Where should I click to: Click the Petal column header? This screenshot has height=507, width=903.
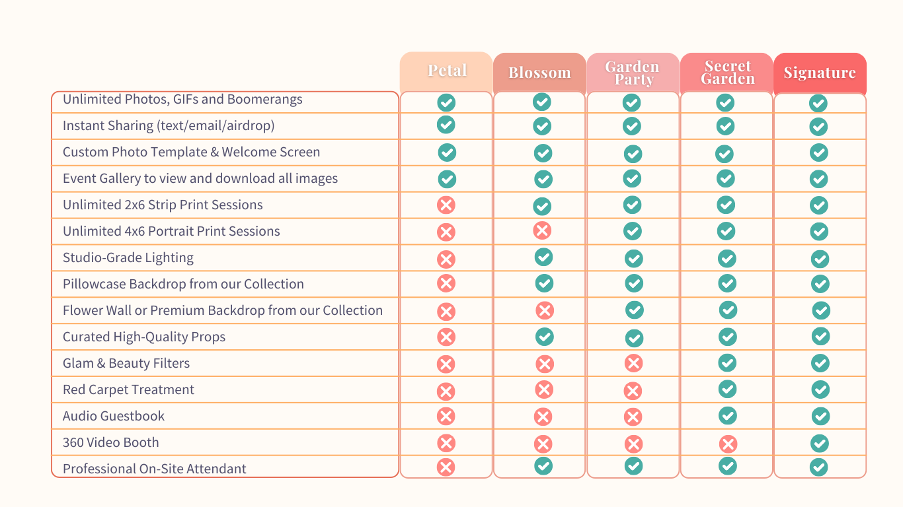coord(447,71)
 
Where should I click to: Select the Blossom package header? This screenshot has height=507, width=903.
coord(539,73)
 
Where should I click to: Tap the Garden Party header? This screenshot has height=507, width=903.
coord(633,73)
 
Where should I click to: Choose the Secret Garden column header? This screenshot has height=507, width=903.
coord(727,73)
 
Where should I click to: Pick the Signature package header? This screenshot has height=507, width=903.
coord(820,73)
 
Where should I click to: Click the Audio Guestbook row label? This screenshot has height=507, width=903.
coord(114,416)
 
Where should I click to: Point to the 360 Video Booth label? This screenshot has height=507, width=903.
coord(111,442)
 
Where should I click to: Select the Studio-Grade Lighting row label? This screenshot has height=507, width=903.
coord(128,257)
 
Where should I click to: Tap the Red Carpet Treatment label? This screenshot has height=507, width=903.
coord(128,389)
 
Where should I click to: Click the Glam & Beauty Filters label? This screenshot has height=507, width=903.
coord(126,363)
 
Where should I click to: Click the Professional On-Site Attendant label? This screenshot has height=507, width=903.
coord(155,469)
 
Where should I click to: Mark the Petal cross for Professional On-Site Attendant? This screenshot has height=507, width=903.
coord(446,467)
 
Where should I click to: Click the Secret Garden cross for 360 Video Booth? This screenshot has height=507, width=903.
coord(728,444)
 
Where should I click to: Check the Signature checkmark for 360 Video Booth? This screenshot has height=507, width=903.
coord(820,442)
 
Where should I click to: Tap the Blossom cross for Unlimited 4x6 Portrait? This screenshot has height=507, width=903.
coord(542,230)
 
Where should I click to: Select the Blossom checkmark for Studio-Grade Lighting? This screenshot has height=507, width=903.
coord(543,257)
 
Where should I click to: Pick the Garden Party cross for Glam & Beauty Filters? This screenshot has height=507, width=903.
coord(633,363)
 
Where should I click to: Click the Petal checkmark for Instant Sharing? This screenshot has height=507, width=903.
coord(446,124)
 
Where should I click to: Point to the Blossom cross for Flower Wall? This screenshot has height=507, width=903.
coord(545,310)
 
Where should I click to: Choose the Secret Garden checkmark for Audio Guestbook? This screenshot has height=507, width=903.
coord(728,415)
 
